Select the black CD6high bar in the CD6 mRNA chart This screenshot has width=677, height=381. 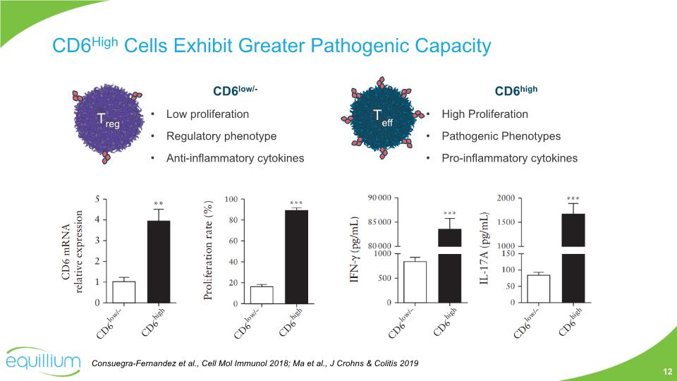159,261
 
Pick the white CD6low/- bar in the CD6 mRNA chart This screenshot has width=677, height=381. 124,292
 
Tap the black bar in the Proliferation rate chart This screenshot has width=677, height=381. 296,257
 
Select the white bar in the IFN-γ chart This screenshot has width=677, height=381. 415,282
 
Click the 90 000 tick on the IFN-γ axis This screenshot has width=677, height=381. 382,198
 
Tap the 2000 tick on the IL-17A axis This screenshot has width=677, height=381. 506,198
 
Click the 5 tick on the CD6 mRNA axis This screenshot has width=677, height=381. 97,198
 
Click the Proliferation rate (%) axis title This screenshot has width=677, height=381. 208,251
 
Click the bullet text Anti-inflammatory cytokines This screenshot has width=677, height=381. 235,158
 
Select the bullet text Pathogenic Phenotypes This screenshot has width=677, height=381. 501,136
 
